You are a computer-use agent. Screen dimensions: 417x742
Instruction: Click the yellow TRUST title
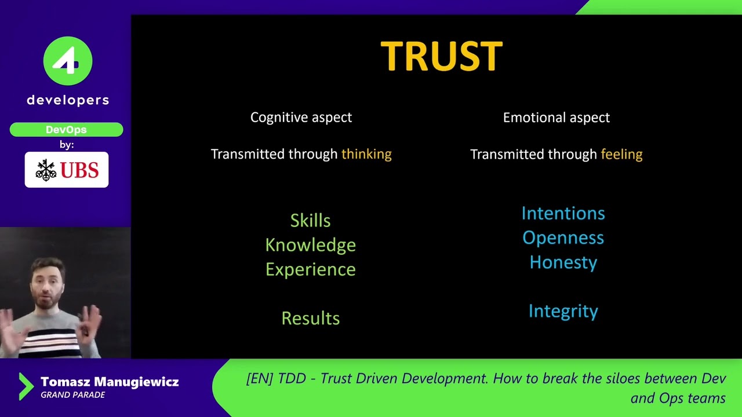coord(441,57)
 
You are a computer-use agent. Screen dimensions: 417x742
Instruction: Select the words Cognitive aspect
coord(301,118)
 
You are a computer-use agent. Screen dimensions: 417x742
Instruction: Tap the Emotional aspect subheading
coord(556,118)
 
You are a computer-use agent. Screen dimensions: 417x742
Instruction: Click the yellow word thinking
coord(366,154)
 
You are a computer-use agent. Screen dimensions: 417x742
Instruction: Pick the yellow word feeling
coord(621,154)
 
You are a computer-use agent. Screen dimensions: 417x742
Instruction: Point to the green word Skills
coord(310,221)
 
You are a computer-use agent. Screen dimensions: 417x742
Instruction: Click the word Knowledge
coord(310,245)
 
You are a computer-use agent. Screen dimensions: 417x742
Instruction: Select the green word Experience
coord(310,270)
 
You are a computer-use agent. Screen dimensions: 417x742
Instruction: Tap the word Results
coord(310,318)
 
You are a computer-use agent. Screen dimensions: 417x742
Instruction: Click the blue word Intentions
coord(563,213)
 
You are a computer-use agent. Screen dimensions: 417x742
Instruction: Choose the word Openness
coord(563,238)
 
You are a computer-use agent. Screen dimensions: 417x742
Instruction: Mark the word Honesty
coord(563,262)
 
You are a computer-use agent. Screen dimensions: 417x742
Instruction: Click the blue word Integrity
coord(563,311)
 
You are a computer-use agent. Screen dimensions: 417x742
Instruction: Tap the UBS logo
coord(67,170)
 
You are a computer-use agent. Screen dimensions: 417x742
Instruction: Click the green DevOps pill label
coord(66,130)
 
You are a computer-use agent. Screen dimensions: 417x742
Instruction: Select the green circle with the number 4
coord(68,61)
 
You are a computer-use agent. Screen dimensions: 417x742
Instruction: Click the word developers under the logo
coord(68,100)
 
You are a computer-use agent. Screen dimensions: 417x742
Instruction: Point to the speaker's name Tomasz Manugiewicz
coord(110,382)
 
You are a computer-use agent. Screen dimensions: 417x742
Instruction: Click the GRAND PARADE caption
coord(72,395)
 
